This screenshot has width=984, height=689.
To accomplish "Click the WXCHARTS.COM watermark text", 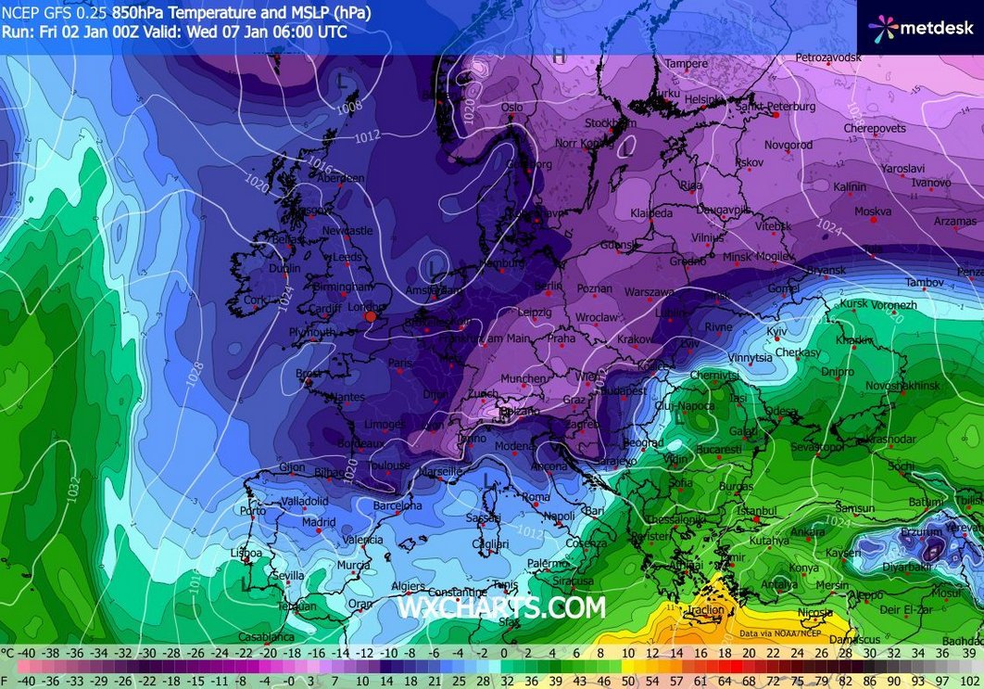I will pyautogui.click(x=501, y=607).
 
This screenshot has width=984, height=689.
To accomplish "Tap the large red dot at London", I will pyautogui.click(x=371, y=316).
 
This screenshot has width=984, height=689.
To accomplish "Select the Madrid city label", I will pyautogui.click(x=318, y=522).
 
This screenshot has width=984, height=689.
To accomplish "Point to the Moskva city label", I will pyautogui.click(x=872, y=211).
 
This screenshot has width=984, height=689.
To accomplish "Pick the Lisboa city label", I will pyautogui.click(x=246, y=554).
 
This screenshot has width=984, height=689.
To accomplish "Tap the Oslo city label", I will pyautogui.click(x=512, y=108).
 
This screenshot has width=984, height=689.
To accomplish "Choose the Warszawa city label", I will pyautogui.click(x=649, y=292).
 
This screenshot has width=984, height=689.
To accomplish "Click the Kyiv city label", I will pyautogui.click(x=776, y=331).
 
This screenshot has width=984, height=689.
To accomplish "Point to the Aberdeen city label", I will pyautogui.click(x=340, y=178).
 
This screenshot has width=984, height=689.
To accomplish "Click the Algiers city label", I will pyautogui.click(x=408, y=586).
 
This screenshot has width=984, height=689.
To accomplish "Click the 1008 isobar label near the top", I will pyautogui.click(x=349, y=108).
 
